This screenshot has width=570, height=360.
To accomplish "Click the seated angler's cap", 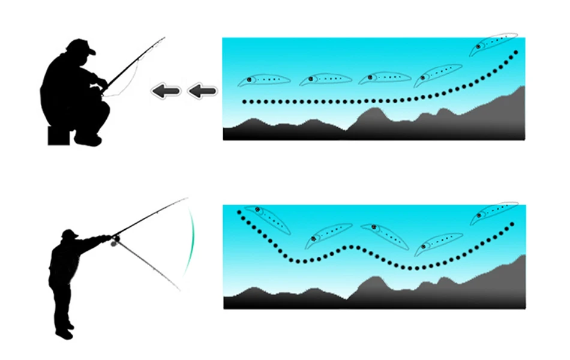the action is click(81, 46).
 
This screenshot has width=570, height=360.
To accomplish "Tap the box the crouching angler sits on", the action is click(59, 135).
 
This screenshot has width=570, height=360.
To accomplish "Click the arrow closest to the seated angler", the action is click(165, 91).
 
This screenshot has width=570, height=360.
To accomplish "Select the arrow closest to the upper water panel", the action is click(202, 91).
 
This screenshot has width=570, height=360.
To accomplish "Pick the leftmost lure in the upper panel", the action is click(264, 80).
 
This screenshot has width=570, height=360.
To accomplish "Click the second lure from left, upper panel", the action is click(325, 79).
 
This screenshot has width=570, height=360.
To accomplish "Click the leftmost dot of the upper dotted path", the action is click(244, 102).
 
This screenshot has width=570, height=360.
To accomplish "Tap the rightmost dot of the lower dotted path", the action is click(512, 224).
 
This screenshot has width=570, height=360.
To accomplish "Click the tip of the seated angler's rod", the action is click(164, 38).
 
